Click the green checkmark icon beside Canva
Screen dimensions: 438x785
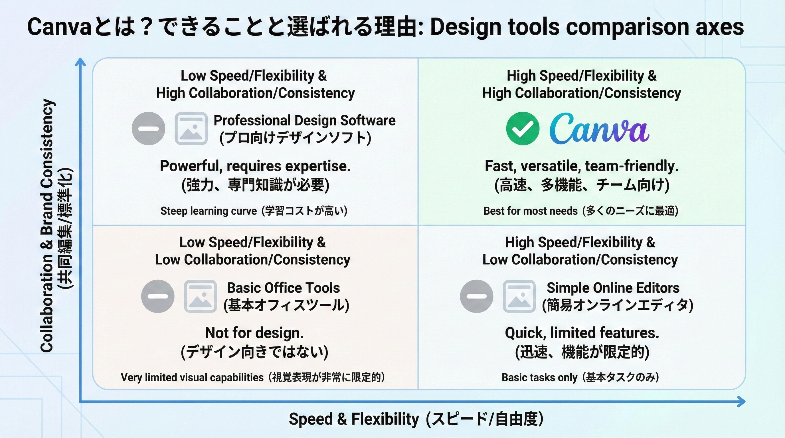[x=523, y=129]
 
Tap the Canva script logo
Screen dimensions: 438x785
[x=599, y=129]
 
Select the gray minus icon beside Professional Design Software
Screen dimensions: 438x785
[x=148, y=129]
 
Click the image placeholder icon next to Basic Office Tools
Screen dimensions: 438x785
[x=200, y=296]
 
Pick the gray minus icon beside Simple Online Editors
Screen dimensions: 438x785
[x=477, y=296]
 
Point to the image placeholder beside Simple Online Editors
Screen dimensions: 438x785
[x=519, y=296]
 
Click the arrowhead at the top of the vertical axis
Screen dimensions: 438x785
[x=80, y=62]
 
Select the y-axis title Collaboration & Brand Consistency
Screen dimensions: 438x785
[x=48, y=225]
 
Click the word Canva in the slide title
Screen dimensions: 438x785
[x=59, y=27]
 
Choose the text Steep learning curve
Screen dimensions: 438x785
[x=209, y=211]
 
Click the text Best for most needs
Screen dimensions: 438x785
[x=530, y=211]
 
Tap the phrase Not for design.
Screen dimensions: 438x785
[x=254, y=332]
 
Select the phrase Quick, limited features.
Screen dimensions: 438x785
[x=582, y=332]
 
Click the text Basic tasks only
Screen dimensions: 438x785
[x=539, y=377]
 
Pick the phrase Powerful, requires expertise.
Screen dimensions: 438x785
[x=255, y=166]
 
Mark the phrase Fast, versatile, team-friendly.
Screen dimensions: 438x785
[x=581, y=166]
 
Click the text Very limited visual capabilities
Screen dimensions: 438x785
[x=192, y=377]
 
